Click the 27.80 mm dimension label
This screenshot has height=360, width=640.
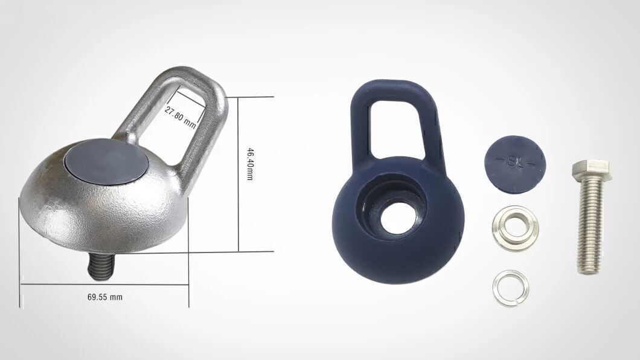[x=180, y=117]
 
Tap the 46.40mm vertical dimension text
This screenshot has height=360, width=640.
[x=250, y=164]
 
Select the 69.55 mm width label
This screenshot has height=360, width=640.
[x=105, y=297]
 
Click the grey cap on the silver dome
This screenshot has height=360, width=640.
[x=106, y=160]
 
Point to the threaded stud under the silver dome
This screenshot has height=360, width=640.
[x=100, y=267]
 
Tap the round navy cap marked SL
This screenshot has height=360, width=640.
[x=515, y=163]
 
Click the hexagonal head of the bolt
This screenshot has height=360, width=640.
[x=590, y=170]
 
